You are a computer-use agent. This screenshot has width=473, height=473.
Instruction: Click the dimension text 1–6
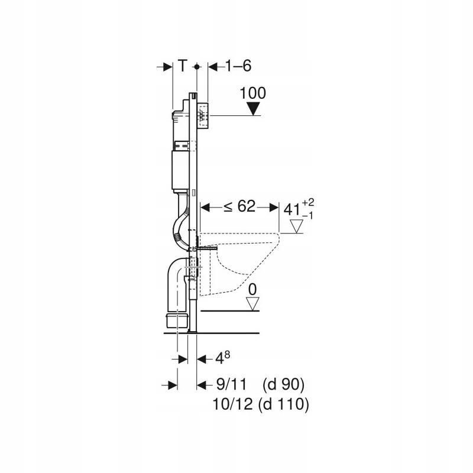[x=238, y=66]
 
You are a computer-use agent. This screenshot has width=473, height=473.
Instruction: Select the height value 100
[x=253, y=93]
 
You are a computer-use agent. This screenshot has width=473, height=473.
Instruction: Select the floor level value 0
[x=253, y=290]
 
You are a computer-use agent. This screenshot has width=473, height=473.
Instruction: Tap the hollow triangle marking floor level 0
[x=253, y=303]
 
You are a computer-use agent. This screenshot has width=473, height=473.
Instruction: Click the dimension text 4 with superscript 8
[x=221, y=357]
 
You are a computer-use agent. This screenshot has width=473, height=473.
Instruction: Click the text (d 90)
[x=283, y=385]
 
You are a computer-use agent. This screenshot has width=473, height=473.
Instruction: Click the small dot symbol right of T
[x=198, y=67]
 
